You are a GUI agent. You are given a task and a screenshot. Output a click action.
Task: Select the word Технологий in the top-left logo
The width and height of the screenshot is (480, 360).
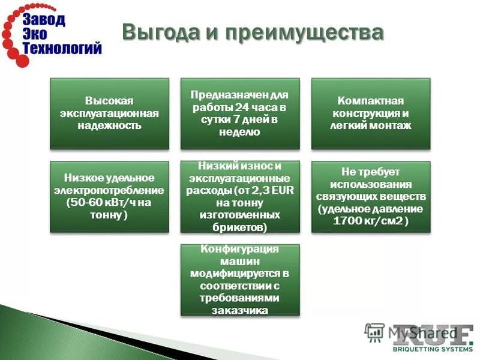(x=63, y=49)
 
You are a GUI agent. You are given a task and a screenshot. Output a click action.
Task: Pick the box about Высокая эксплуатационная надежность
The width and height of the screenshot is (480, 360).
(x=109, y=113)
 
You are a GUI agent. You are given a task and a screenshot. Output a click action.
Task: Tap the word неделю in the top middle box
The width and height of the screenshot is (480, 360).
(x=239, y=132)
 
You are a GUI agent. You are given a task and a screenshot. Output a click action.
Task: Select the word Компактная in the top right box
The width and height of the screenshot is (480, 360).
(x=370, y=101)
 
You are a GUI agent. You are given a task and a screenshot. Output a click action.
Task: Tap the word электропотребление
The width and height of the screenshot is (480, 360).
(x=109, y=190)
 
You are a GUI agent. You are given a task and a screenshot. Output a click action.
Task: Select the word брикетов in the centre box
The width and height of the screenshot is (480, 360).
(x=238, y=227)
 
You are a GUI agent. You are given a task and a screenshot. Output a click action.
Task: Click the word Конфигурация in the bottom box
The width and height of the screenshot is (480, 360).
(x=239, y=250)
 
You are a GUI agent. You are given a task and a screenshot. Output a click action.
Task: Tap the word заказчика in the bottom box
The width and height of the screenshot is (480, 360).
(x=239, y=310)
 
